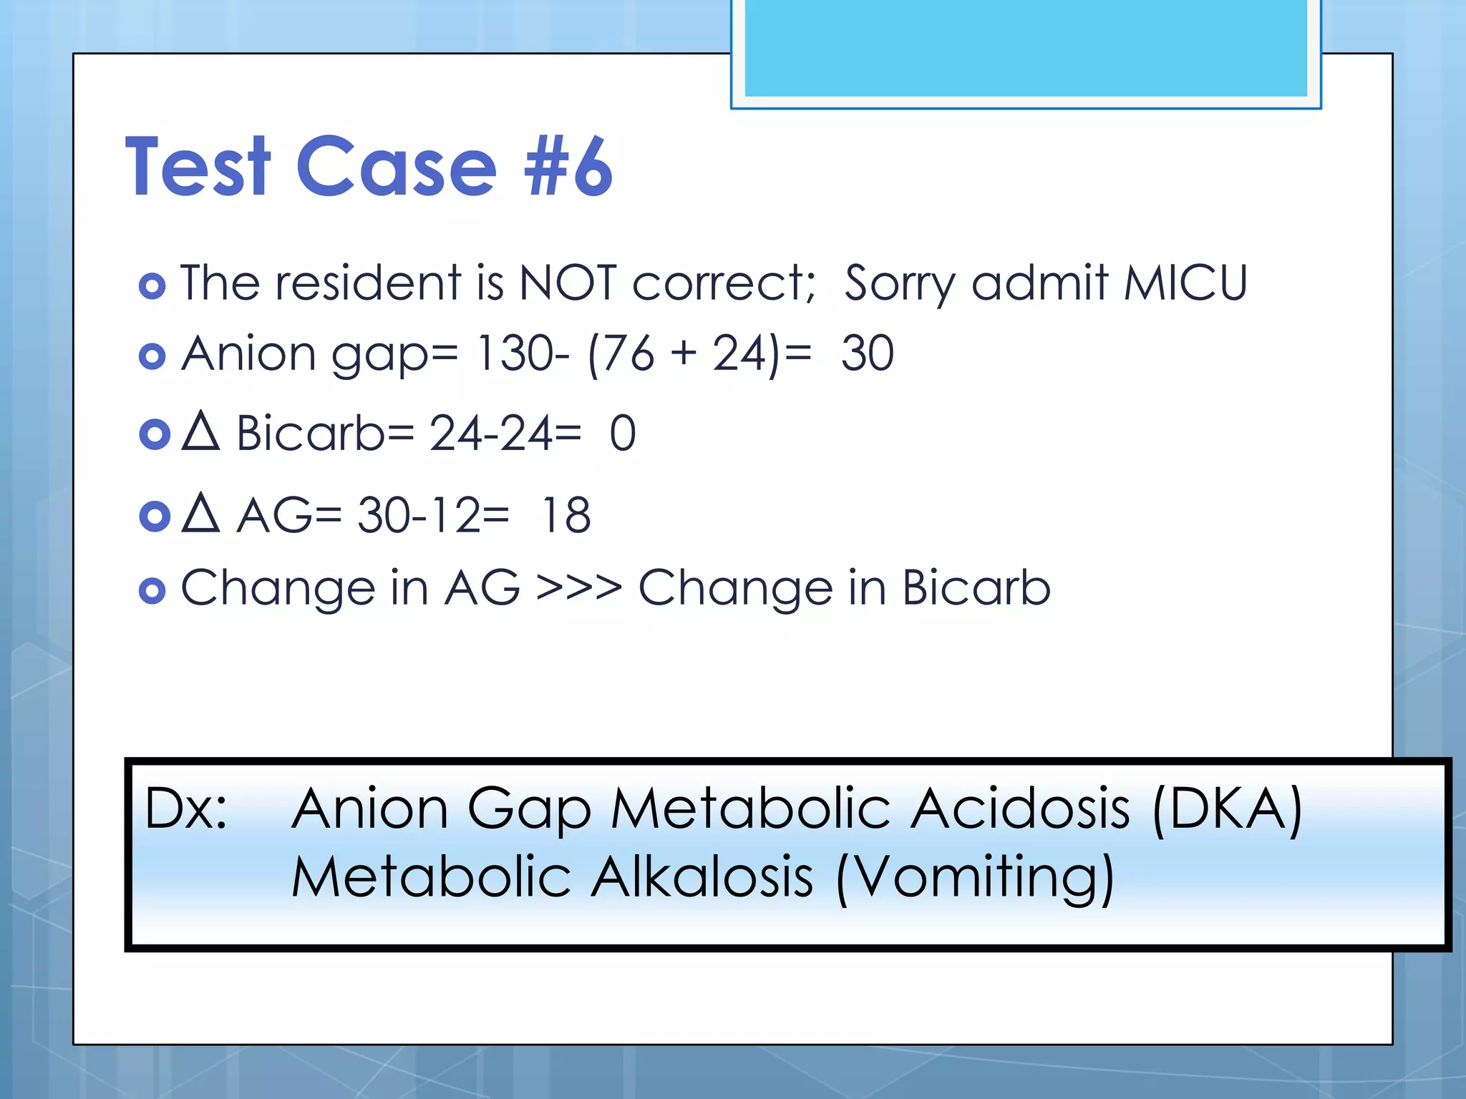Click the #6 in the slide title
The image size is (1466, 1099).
(569, 167)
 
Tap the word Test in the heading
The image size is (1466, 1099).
(198, 167)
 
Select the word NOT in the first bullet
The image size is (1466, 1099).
(567, 283)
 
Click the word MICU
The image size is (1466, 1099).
(1185, 283)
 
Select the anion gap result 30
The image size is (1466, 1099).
(867, 353)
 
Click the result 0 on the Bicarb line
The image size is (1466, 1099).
(622, 434)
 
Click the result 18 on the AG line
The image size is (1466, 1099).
(565, 515)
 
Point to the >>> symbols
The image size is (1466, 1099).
(578, 588)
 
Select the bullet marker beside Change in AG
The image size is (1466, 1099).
(152, 590)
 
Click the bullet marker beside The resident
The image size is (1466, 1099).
(152, 286)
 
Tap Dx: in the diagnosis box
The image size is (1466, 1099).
(186, 809)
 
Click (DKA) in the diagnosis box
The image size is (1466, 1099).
(1227, 809)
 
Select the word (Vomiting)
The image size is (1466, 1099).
(974, 879)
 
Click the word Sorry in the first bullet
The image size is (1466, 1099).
(899, 284)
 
